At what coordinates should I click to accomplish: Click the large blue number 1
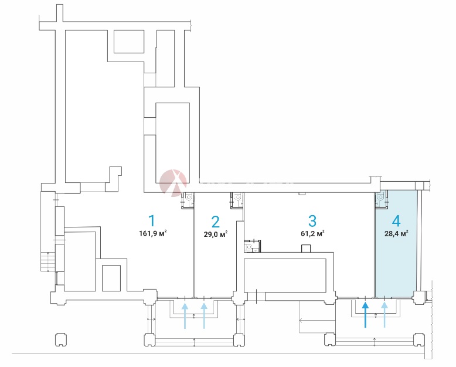point(151,221)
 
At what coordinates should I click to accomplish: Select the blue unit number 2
point(215,222)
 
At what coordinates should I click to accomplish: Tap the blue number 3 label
point(312,221)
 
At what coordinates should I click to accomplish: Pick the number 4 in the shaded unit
point(396,221)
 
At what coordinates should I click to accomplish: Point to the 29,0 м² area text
point(216,233)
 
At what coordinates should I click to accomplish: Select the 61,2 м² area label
point(312,233)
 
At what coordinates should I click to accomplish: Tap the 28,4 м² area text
point(397,233)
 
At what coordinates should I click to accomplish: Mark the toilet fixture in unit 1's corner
point(189,199)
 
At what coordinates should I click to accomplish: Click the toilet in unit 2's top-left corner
point(237,199)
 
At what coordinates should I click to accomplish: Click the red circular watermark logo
point(173,181)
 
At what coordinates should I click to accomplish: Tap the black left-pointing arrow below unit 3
point(302,321)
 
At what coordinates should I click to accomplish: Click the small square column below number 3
point(305,249)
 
